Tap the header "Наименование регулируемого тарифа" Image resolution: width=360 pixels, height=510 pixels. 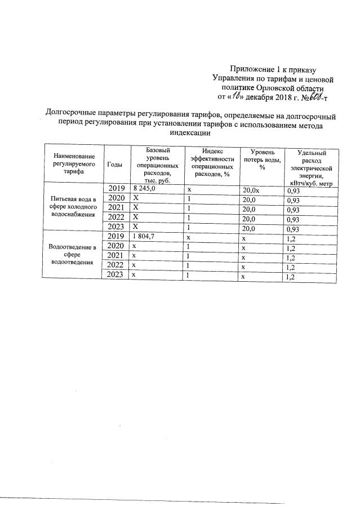click(x=71, y=163)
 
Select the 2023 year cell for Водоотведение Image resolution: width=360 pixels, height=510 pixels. click(x=115, y=276)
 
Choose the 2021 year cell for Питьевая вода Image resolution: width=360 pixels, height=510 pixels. click(x=115, y=209)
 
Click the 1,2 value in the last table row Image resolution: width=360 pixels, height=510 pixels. click(x=291, y=277)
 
